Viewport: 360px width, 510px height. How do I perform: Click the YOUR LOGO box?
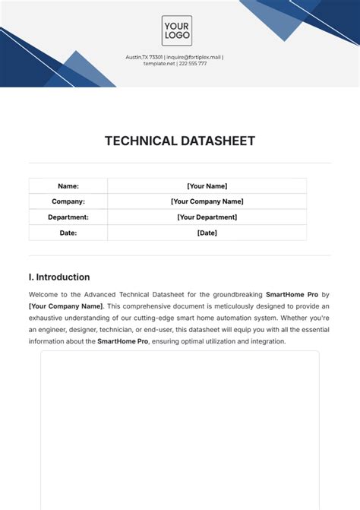tap(176, 31)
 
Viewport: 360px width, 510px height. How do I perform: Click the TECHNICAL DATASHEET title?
tap(180, 141)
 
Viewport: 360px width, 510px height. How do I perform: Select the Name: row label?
tap(68, 186)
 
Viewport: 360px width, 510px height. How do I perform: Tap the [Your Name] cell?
tap(207, 186)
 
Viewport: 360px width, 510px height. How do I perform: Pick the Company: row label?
tap(68, 201)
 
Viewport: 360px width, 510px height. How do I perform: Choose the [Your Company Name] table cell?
tap(207, 201)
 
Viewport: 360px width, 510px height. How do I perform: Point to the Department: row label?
tap(68, 217)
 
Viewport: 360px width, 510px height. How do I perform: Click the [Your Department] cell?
tap(207, 217)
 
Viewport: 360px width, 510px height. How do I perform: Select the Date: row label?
tap(68, 233)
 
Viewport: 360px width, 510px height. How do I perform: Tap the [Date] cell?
tap(207, 233)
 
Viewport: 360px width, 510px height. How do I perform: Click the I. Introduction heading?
tap(59, 277)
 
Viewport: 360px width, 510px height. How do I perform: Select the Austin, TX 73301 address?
tap(144, 57)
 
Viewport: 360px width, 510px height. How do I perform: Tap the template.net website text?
tap(159, 64)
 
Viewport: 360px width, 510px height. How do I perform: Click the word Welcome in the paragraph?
tap(44, 293)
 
